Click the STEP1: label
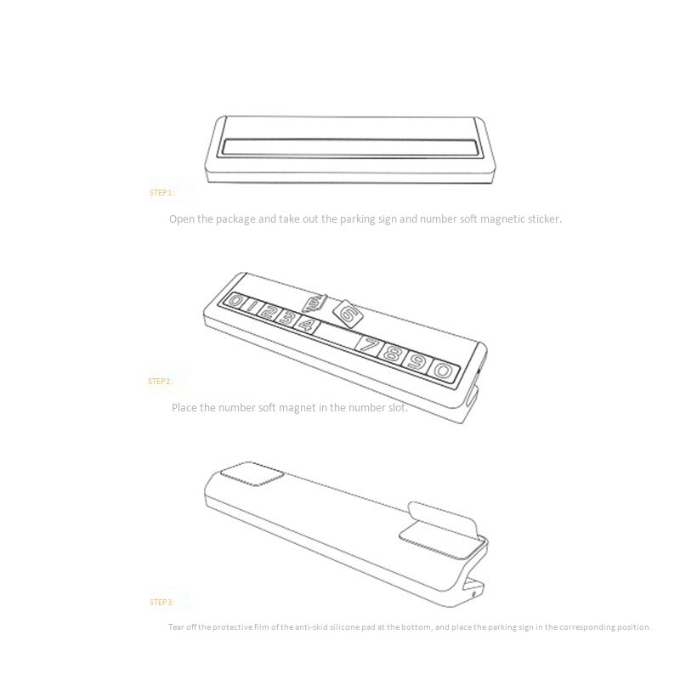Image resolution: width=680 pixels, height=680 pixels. pyautogui.click(x=161, y=193)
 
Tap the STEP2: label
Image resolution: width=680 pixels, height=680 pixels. pyautogui.click(x=160, y=381)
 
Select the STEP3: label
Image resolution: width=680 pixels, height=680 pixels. pyautogui.click(x=161, y=602)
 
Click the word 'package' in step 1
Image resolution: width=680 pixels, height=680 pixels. pyautogui.click(x=235, y=219)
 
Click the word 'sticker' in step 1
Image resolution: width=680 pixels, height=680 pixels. pyautogui.click(x=544, y=219)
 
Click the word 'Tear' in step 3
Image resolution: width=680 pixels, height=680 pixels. pyautogui.click(x=176, y=627)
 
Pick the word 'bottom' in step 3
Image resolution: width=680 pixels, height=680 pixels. pyautogui.click(x=416, y=627)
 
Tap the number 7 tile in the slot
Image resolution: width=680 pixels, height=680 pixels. pyautogui.click(x=370, y=346)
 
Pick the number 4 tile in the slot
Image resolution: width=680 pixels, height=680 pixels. pyautogui.click(x=308, y=325)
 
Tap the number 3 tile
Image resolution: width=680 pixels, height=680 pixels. pyautogui.click(x=288, y=318)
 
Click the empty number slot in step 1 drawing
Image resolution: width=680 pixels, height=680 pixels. pyautogui.click(x=352, y=147)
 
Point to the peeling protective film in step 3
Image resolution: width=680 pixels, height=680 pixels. pyautogui.click(x=442, y=517)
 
